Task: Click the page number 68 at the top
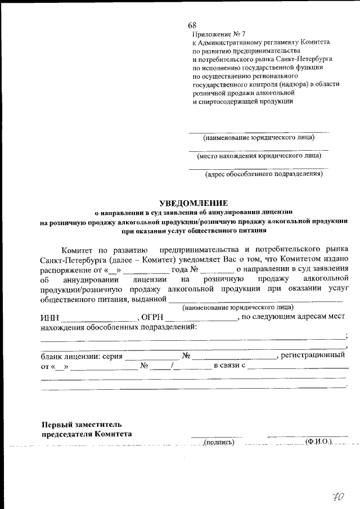pos(192,26)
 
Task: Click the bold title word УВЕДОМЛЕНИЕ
pos(193,202)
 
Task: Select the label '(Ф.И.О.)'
pos(319,442)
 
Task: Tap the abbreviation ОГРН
pos(152,317)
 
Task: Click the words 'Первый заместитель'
pos(82,424)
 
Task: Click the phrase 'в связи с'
pos(229,367)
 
